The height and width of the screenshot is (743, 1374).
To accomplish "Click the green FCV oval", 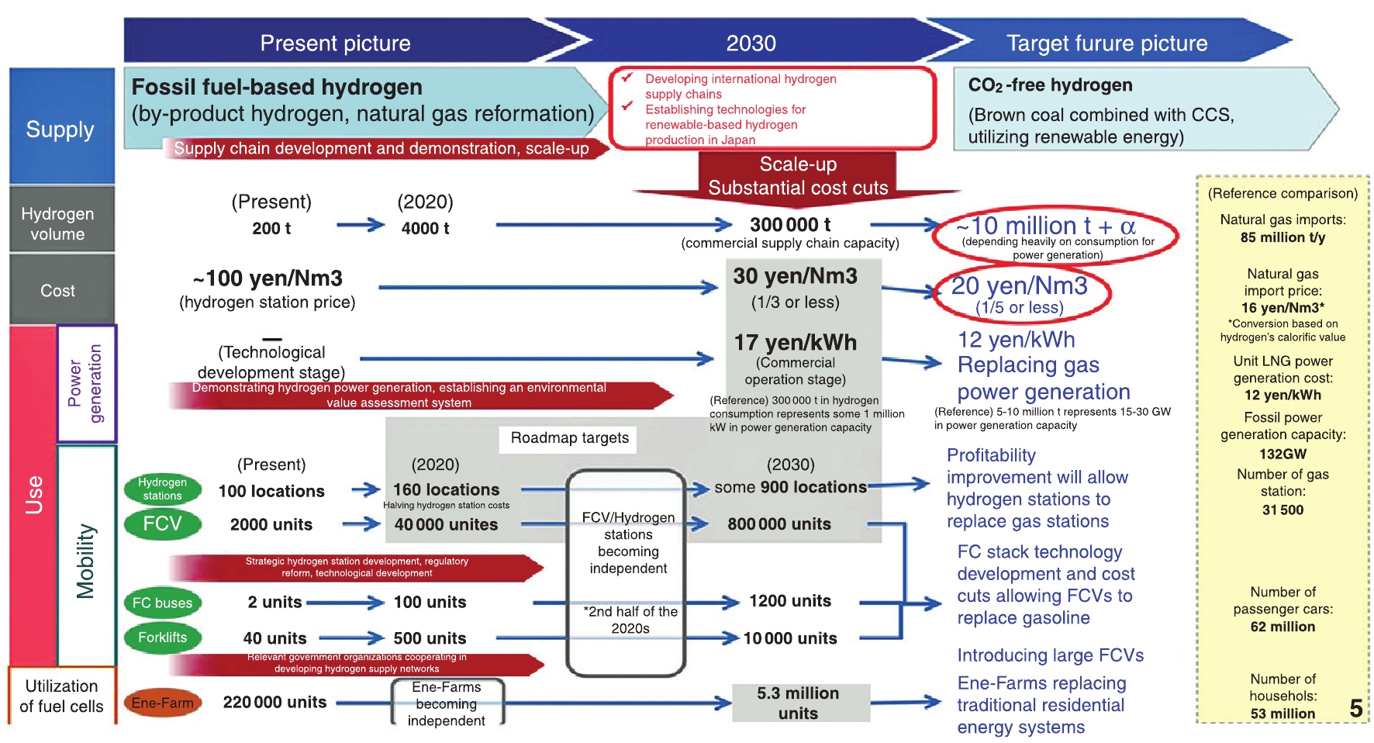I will (x=162, y=524).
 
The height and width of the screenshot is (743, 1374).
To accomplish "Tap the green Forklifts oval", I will (x=162, y=638).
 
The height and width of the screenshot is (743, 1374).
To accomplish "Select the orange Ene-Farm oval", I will (x=162, y=703).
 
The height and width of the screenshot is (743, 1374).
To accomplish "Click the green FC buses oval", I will (x=162, y=603).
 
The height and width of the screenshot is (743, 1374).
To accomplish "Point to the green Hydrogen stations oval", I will (x=162, y=489).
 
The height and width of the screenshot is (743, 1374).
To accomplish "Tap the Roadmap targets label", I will (x=569, y=438).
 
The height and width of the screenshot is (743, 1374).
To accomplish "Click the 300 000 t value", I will (x=789, y=225).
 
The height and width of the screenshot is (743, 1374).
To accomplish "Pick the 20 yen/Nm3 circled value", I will (x=1019, y=287).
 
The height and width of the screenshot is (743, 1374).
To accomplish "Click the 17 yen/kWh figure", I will (x=795, y=343).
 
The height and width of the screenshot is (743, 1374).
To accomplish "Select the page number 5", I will (x=1355, y=708).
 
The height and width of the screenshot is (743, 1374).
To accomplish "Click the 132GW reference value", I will (x=1283, y=454).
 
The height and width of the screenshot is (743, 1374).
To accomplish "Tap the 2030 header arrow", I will (x=751, y=43).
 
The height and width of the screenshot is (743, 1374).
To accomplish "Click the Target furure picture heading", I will (x=1106, y=43).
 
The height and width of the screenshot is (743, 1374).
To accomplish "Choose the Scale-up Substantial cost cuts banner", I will (x=797, y=175).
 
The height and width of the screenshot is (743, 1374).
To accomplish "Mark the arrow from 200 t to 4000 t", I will (x=361, y=226).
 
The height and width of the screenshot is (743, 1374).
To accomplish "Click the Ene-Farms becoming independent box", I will (x=447, y=703).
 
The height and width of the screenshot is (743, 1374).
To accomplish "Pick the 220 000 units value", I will (x=274, y=703).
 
